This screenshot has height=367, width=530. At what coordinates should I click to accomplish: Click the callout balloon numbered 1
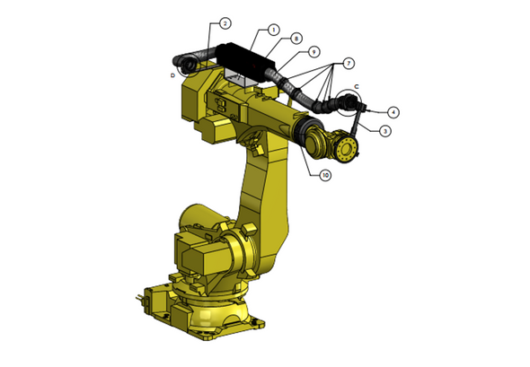274,30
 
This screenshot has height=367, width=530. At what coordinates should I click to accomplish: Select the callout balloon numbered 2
225,22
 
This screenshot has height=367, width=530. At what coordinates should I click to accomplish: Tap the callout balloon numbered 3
384,131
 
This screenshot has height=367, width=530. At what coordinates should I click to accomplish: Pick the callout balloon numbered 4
393,112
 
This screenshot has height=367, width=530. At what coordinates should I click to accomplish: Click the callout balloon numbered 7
349,64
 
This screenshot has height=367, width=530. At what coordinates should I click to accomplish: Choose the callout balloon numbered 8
296,39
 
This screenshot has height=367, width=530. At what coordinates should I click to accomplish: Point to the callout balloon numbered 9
314,51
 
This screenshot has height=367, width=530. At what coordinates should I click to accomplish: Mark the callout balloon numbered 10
325,175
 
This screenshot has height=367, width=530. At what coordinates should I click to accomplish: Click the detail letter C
357,87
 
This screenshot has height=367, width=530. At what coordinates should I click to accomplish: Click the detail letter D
172,75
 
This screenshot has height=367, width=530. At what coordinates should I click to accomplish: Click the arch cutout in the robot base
214,321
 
